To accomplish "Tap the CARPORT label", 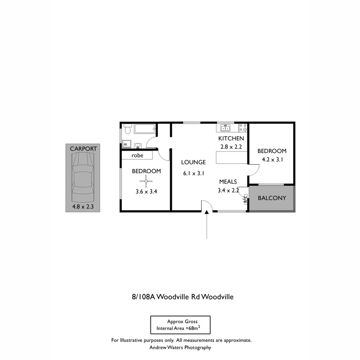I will [83, 149].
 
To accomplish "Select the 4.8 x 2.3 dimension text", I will [83, 207].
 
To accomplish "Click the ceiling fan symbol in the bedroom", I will [146, 181].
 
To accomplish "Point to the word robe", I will [137, 155].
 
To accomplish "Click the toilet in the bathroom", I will [127, 129].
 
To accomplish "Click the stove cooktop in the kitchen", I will [243, 128].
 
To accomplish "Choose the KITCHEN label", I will [231, 138].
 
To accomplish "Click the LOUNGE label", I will [193, 162].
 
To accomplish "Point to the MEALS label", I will [228, 182].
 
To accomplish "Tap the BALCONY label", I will [272, 198].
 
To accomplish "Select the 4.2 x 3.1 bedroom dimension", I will [272, 159].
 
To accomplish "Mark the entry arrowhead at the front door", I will [207, 212].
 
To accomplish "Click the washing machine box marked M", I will [126, 144].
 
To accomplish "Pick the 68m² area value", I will [193, 328].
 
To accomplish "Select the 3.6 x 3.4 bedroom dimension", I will [146, 192].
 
